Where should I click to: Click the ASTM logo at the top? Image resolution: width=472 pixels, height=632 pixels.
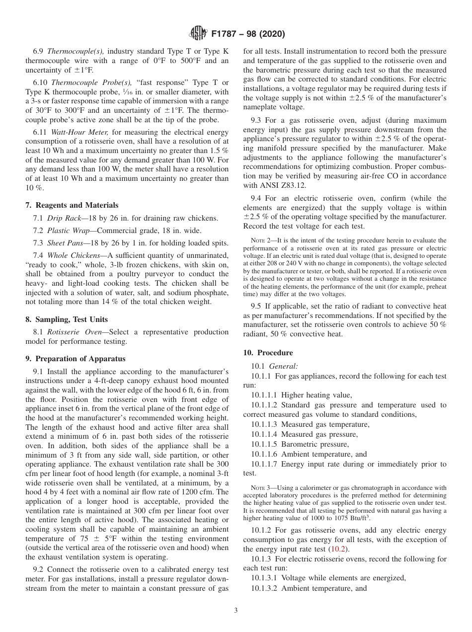(x=199, y=34)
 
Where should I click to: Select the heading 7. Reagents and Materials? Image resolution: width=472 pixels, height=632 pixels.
(x=72, y=205)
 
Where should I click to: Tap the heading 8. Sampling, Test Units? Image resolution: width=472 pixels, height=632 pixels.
(x=66, y=319)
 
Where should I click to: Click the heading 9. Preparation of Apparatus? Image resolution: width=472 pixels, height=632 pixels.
(x=75, y=359)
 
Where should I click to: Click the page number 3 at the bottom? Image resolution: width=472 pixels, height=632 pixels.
(x=236, y=610)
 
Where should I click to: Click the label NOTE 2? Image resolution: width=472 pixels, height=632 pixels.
(x=261, y=240)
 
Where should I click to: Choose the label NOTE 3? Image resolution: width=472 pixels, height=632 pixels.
(x=261, y=488)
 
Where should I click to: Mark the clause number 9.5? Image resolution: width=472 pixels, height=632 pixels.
(x=257, y=307)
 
